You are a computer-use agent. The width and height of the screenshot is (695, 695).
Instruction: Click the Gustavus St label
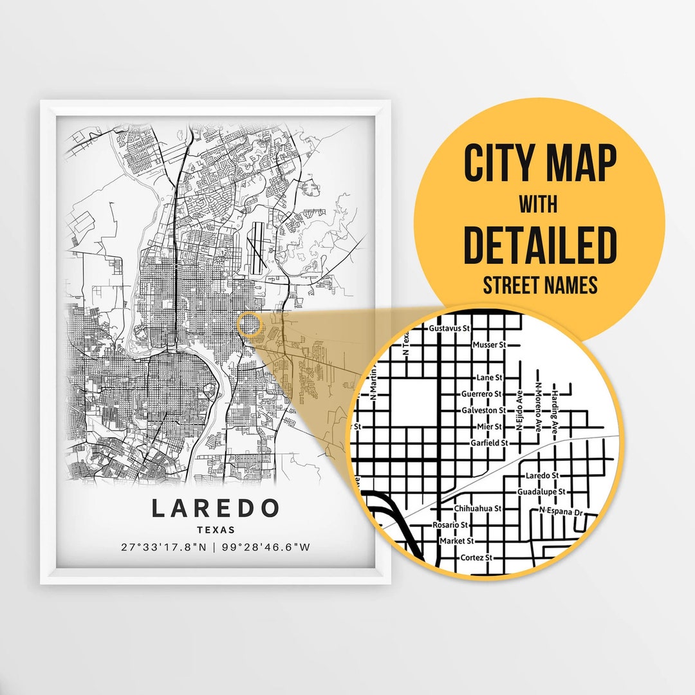click(x=449, y=328)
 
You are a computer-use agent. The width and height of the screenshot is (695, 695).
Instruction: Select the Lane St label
click(x=489, y=377)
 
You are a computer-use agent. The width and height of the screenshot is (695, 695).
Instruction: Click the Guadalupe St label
click(x=541, y=492)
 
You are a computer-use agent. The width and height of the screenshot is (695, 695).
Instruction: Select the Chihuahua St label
click(x=477, y=508)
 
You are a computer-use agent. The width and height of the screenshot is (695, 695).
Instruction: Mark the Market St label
click(x=456, y=541)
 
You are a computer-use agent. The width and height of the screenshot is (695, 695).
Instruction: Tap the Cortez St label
click(x=480, y=557)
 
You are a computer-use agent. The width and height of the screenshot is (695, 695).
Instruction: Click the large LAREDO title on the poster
click(x=216, y=508)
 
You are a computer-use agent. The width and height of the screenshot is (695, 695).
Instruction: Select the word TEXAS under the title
click(x=216, y=530)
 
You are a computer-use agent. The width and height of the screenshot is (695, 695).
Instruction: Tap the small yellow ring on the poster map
click(x=250, y=325)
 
